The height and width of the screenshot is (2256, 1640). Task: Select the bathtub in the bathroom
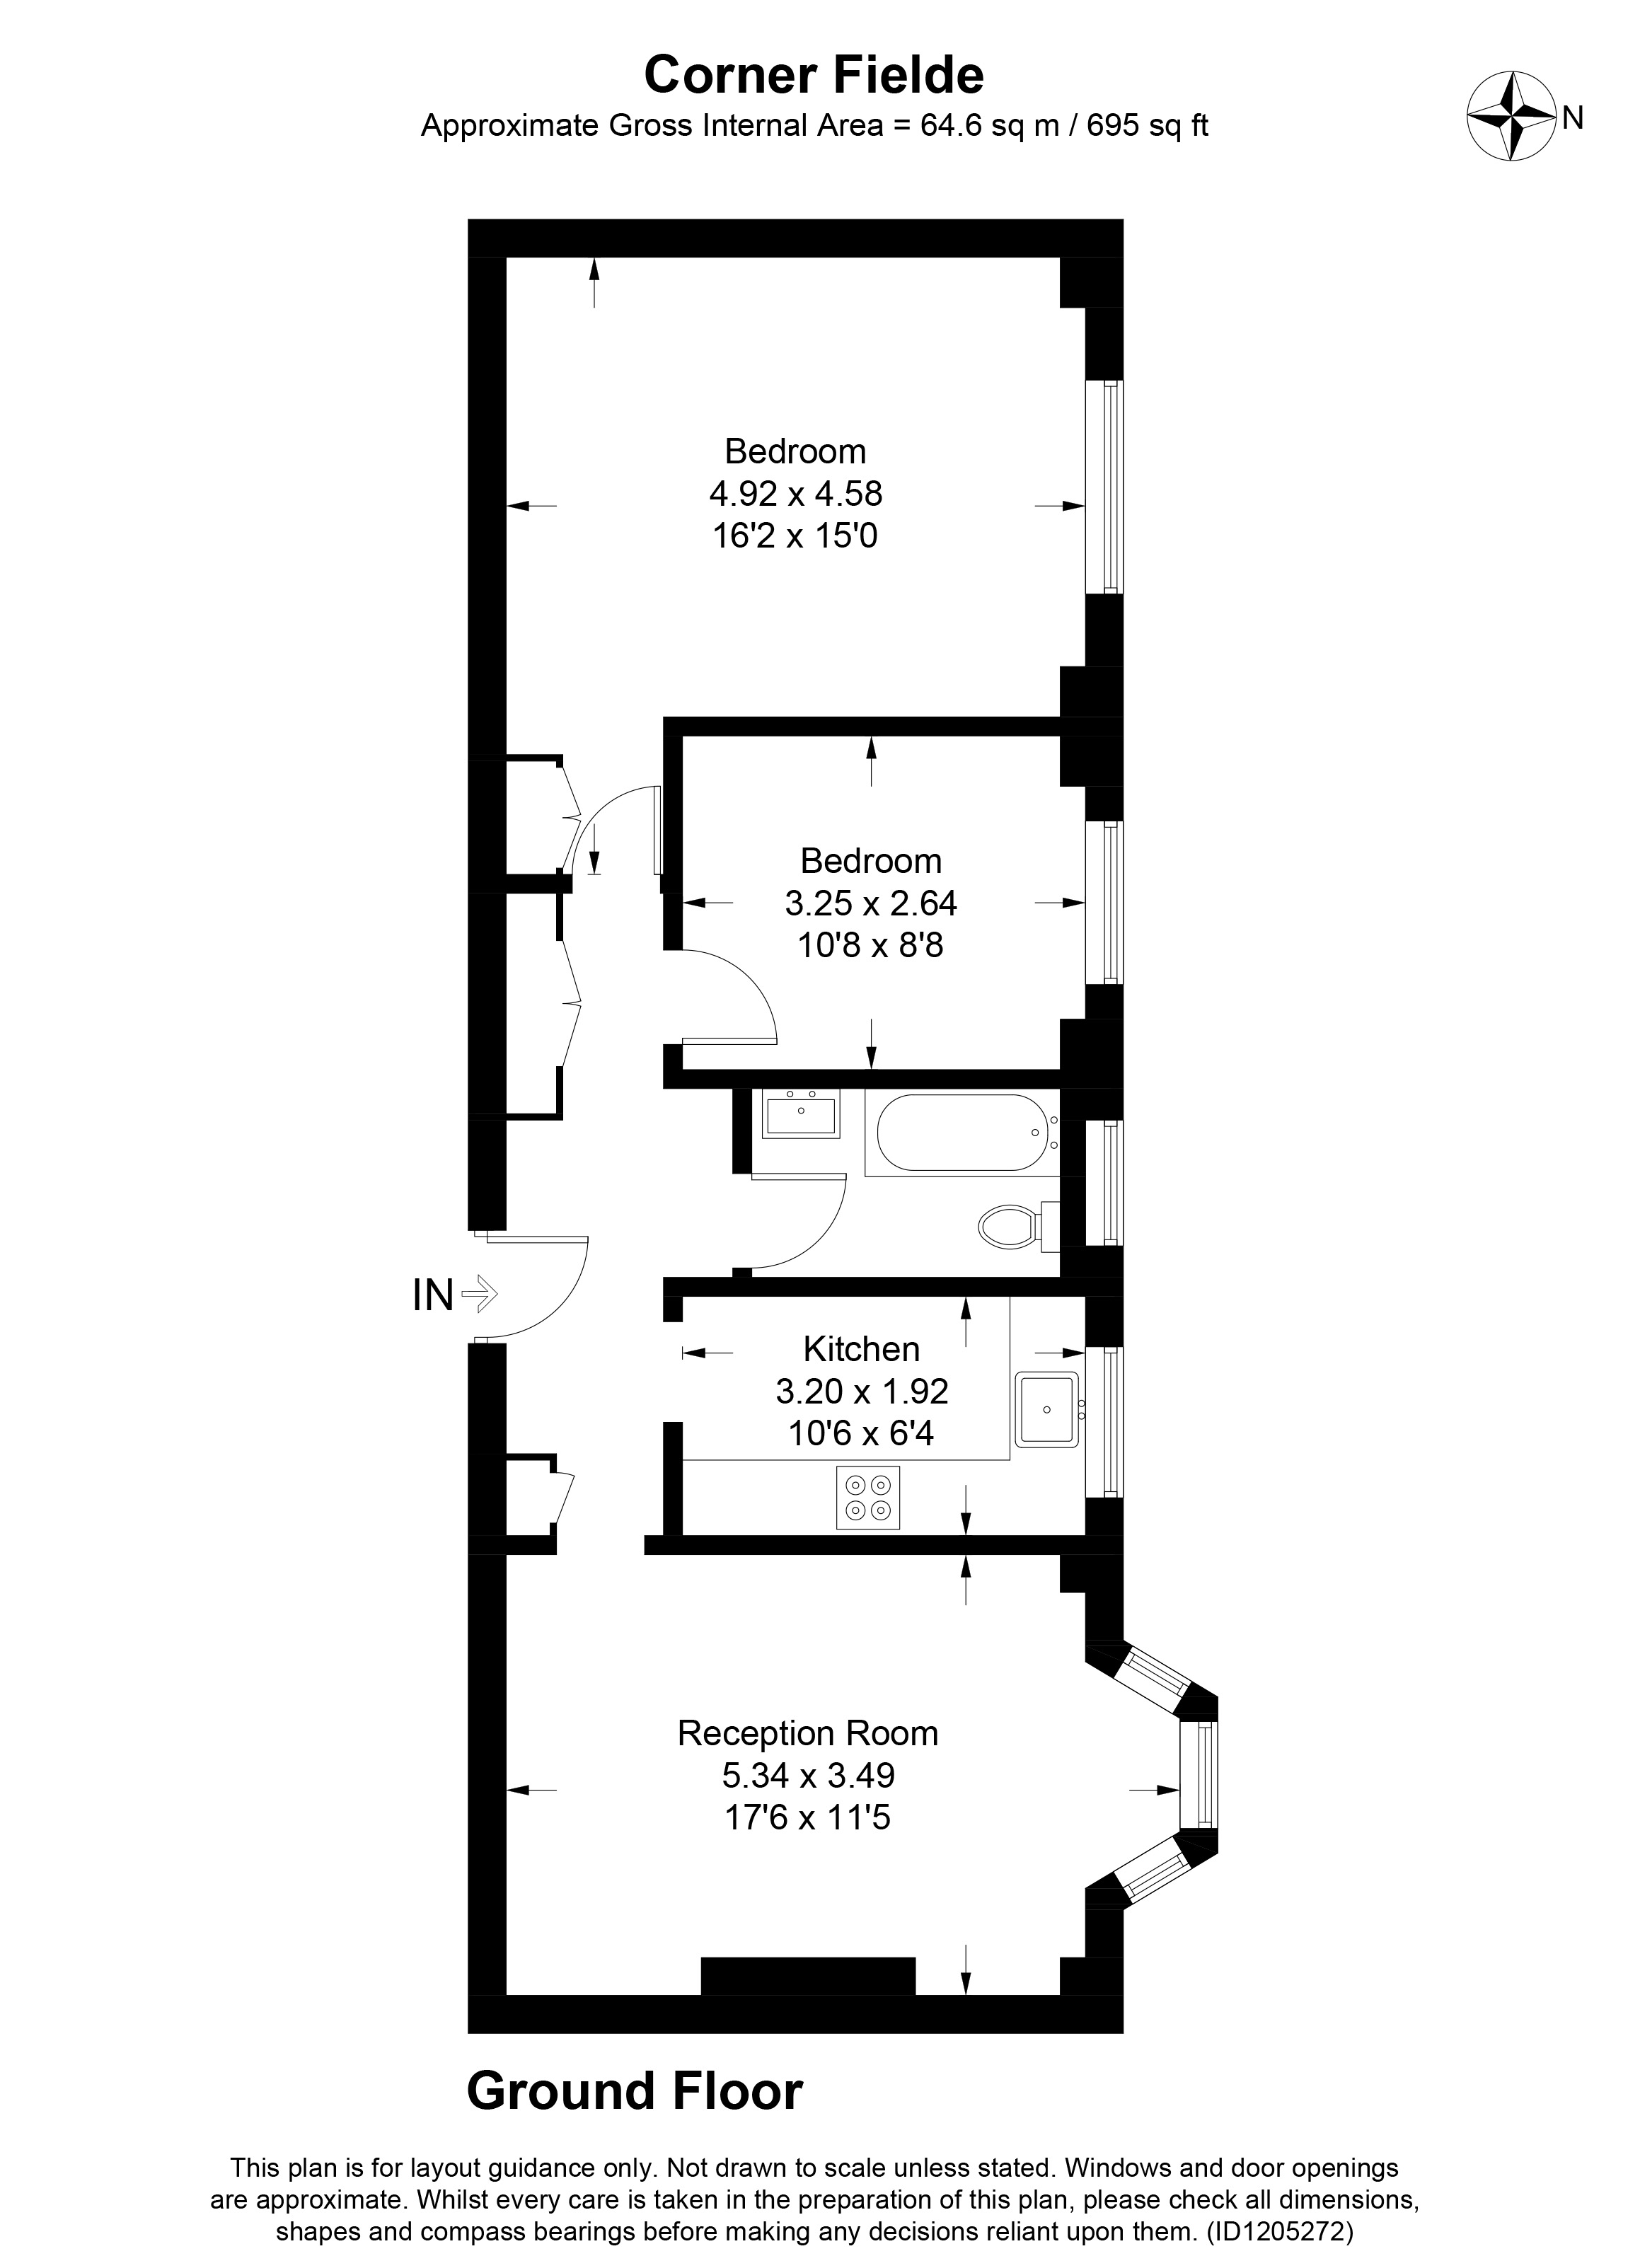pyautogui.click(x=959, y=1132)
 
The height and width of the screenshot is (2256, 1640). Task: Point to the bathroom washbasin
pyautogui.click(x=801, y=1114)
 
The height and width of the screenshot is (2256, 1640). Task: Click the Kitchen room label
pyautogui.click(x=861, y=1349)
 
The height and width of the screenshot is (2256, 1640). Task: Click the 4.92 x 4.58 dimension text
pyautogui.click(x=796, y=493)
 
